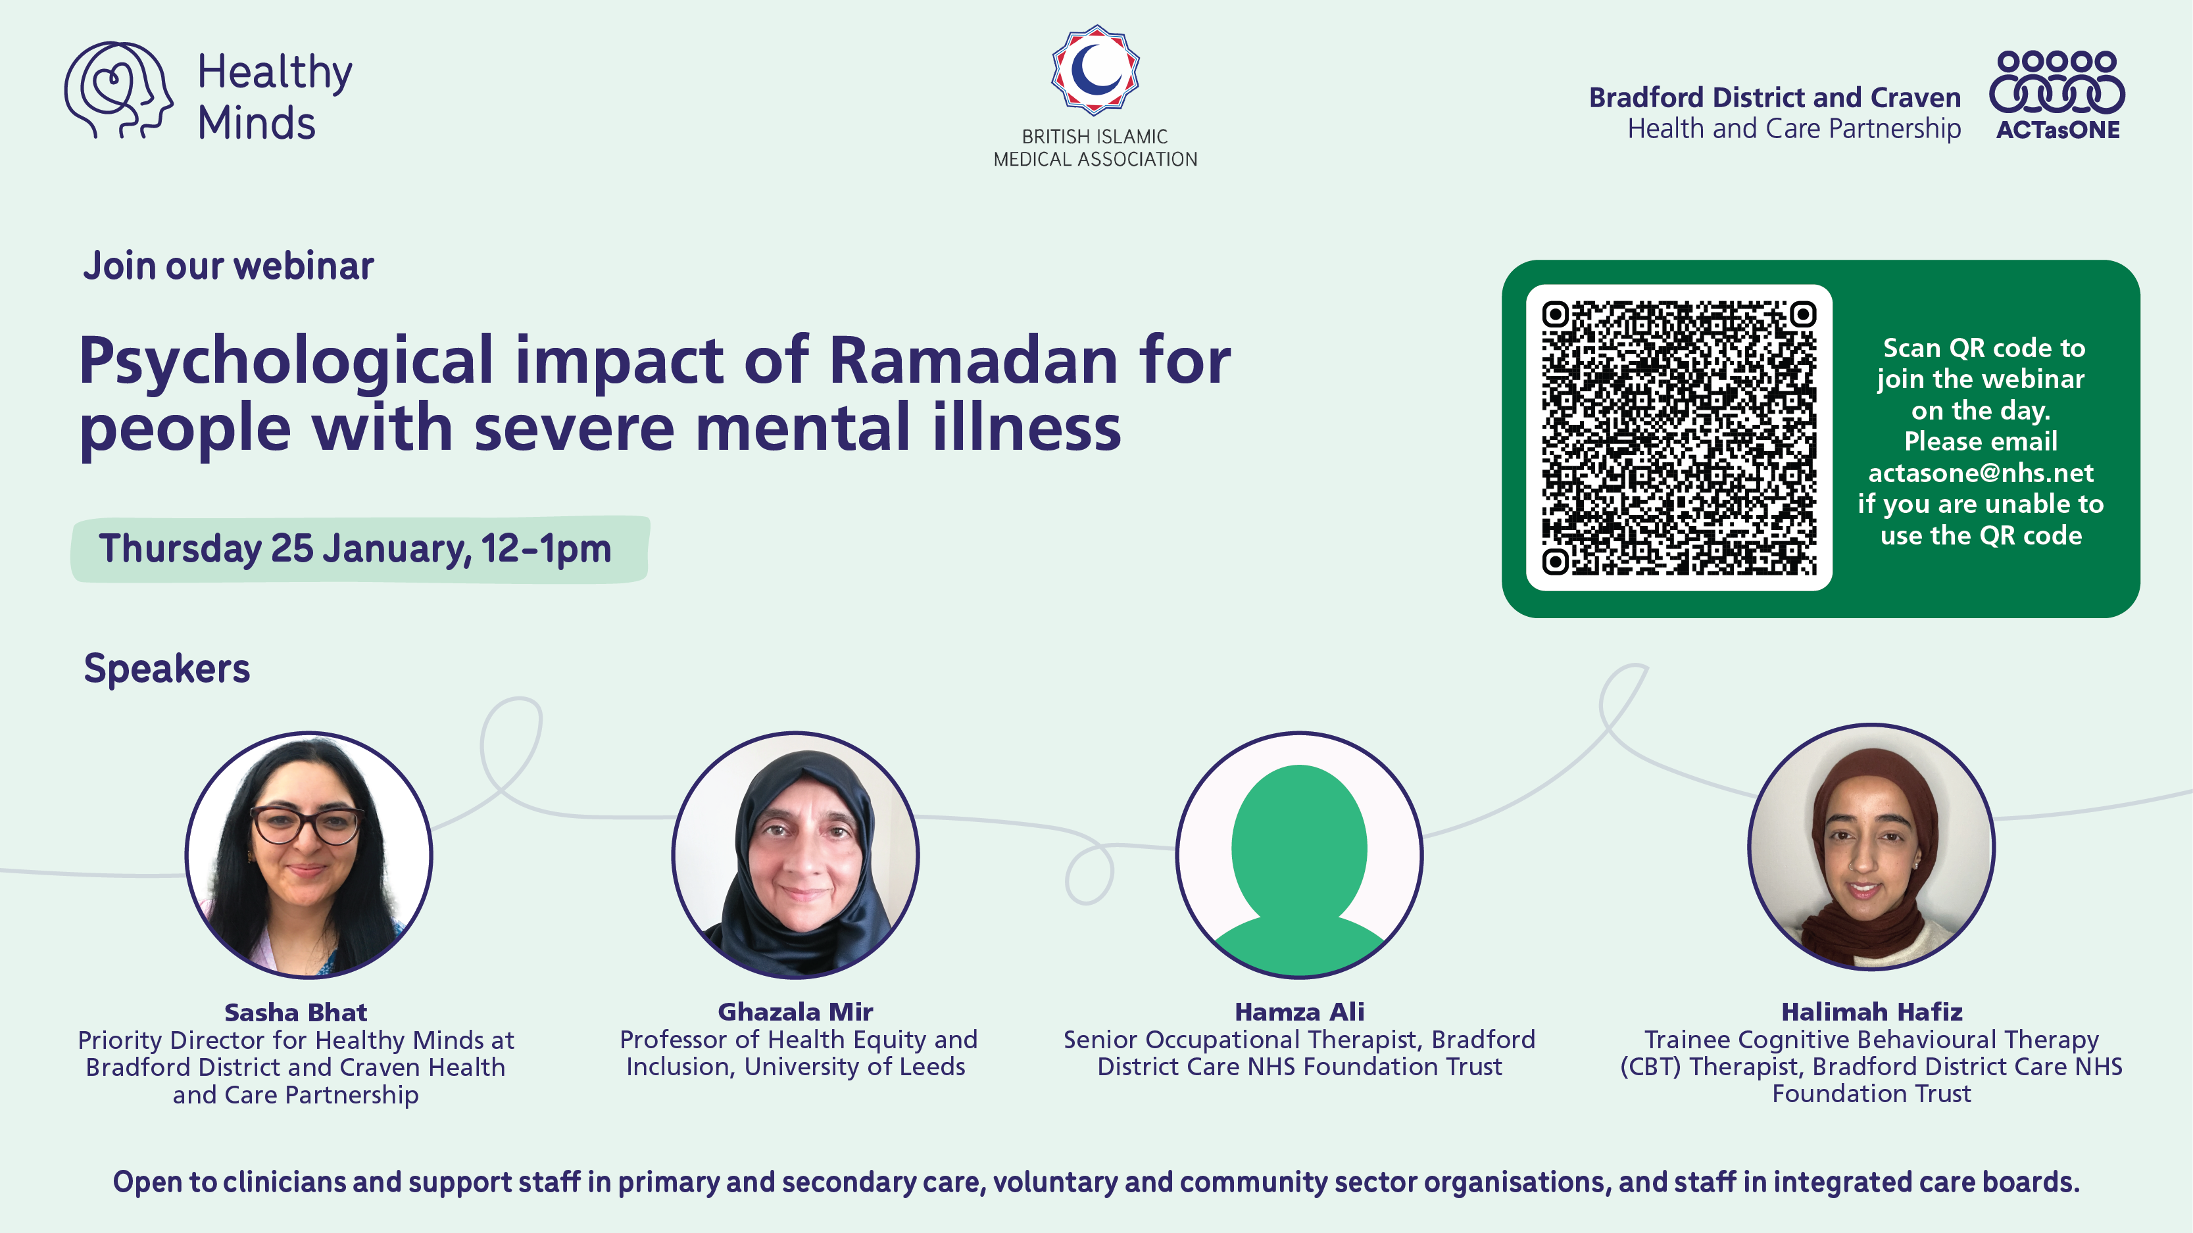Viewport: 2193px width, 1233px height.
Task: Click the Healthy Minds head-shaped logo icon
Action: (x=118, y=90)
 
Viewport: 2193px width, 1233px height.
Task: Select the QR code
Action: (x=1679, y=437)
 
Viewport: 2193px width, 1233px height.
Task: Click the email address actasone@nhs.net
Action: (x=1980, y=472)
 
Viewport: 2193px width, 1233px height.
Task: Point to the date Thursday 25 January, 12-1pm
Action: (x=355, y=549)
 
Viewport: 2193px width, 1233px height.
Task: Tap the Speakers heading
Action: (x=167, y=669)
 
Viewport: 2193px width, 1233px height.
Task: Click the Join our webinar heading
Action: (x=228, y=266)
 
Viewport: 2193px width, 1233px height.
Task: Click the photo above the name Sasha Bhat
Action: (x=309, y=855)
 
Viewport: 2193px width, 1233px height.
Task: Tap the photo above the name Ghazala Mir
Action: (x=795, y=855)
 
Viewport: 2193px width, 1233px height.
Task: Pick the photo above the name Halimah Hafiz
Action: (x=1871, y=847)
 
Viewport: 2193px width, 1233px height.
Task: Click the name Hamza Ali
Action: (x=1299, y=1012)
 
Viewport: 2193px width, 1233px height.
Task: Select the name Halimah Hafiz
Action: (x=1871, y=1012)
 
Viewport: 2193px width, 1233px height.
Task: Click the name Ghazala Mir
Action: (x=795, y=1012)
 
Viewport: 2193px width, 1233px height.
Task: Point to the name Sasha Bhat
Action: (x=295, y=1013)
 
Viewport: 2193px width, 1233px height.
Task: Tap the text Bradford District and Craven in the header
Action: (x=1775, y=98)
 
